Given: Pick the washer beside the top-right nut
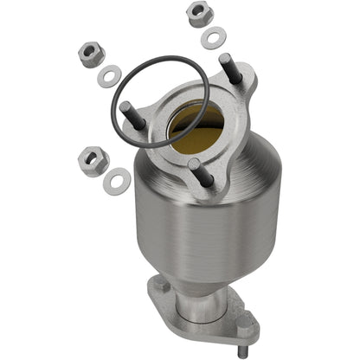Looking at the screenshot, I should pyautogui.click(x=211, y=38).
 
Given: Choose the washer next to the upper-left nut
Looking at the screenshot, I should pyautogui.click(x=110, y=74).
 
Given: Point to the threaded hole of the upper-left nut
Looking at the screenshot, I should pyautogui.click(x=90, y=51).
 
